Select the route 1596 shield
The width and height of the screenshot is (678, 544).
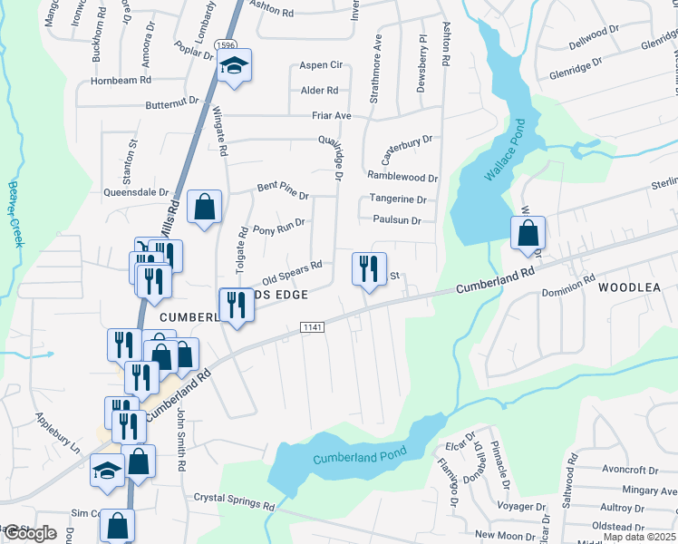[x=227, y=44]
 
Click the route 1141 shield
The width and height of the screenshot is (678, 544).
[x=312, y=326]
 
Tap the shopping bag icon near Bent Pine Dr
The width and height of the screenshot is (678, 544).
[x=204, y=206]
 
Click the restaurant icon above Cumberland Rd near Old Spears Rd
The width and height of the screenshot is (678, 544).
[x=369, y=269]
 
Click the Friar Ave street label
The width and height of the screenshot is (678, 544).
[x=331, y=116]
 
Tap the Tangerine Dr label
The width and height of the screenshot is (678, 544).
[x=397, y=199]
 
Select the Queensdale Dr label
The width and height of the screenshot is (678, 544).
[x=138, y=192]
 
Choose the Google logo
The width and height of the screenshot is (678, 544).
[x=30, y=534]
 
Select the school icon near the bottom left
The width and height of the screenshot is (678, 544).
[x=107, y=471]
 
